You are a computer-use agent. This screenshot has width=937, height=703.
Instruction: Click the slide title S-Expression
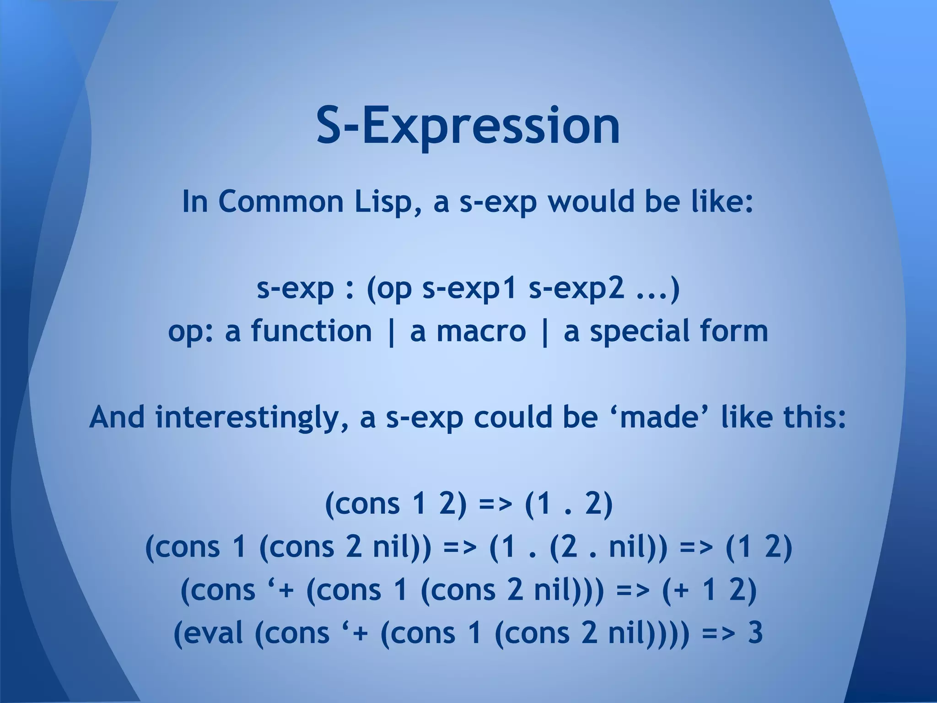pos(468,126)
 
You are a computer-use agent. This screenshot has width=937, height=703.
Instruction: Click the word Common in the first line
pos(281,201)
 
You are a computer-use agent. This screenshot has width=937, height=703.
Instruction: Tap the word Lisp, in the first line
pos(388,201)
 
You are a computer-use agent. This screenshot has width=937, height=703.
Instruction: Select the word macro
pos(481,331)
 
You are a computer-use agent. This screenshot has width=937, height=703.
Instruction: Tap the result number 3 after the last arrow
pos(755,633)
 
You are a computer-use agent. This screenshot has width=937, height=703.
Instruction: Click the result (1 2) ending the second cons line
pos(759,547)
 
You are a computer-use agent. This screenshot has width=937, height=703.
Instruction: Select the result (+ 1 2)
pos(709,590)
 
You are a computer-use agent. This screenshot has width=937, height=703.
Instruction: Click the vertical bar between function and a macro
pos(391,332)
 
